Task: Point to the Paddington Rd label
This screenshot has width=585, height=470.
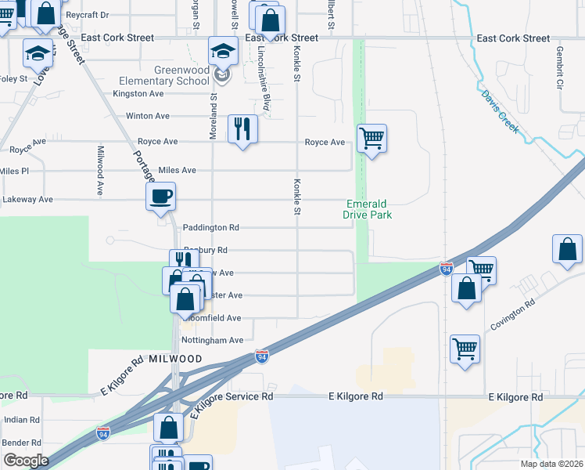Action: (x=210, y=228)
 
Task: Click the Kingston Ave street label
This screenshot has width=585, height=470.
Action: (x=138, y=93)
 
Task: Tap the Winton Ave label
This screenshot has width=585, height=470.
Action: (x=148, y=116)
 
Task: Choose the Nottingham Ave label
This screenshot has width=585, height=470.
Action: (x=213, y=341)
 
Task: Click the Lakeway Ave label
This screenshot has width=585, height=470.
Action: (x=27, y=200)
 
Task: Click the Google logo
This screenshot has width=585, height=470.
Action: (x=25, y=461)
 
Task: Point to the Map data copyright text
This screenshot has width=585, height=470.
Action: (x=551, y=464)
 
